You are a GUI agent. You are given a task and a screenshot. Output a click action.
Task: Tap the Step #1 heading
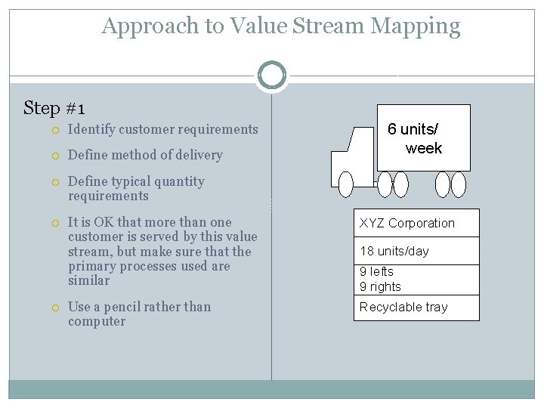(54, 108)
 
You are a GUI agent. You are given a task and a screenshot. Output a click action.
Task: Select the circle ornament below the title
(271, 75)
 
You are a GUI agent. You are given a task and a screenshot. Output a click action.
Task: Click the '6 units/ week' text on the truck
(414, 138)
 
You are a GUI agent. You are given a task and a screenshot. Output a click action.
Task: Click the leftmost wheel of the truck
(346, 184)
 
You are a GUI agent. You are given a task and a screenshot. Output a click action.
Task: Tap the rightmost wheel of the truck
(459, 184)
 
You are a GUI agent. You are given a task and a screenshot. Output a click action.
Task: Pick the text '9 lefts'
(376, 271)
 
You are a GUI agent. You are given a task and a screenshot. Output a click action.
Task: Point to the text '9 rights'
(380, 286)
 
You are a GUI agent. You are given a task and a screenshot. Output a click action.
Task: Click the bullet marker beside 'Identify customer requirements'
(57, 130)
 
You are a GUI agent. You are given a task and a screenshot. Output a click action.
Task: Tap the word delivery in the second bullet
(199, 155)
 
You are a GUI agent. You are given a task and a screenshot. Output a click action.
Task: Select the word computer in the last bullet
(97, 321)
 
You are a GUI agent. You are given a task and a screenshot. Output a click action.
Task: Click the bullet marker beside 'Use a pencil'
(57, 308)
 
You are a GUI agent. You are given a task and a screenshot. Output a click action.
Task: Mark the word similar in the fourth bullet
(88, 280)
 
